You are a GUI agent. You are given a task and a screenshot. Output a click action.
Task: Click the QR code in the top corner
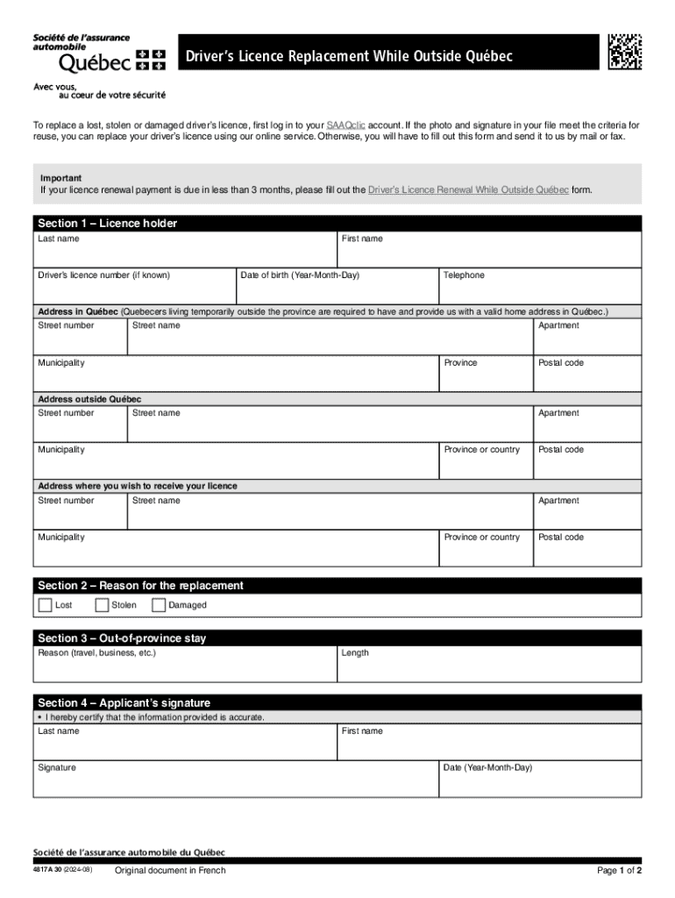point(624,52)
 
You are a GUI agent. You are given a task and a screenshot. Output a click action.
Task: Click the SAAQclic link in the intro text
point(345,125)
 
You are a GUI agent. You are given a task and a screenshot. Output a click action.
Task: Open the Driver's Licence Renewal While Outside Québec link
point(468,189)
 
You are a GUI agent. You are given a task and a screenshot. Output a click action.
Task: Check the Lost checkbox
point(45,605)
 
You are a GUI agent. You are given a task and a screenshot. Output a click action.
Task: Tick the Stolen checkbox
point(102,605)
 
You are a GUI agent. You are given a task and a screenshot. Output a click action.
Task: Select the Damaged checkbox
point(159,605)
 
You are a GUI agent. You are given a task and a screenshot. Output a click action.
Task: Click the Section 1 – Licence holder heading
point(107,224)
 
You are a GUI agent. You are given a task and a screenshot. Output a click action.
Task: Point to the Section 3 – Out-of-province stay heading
point(122,638)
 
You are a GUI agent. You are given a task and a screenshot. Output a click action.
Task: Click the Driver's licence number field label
point(103,275)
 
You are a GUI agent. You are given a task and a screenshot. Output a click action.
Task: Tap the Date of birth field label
point(300,275)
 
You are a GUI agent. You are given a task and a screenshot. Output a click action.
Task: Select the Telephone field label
point(464,275)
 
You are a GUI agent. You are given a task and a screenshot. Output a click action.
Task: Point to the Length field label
point(355,652)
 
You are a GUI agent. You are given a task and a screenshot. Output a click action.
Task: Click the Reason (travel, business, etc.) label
point(97,652)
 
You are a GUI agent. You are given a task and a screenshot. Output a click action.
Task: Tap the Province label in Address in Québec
point(460,363)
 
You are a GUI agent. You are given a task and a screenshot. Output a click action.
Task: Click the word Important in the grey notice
point(60,178)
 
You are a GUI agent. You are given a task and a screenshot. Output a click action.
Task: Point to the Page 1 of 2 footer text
point(619,871)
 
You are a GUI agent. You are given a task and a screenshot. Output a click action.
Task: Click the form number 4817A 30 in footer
point(52,871)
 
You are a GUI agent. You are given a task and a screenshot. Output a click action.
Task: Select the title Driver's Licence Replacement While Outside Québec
point(347,57)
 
